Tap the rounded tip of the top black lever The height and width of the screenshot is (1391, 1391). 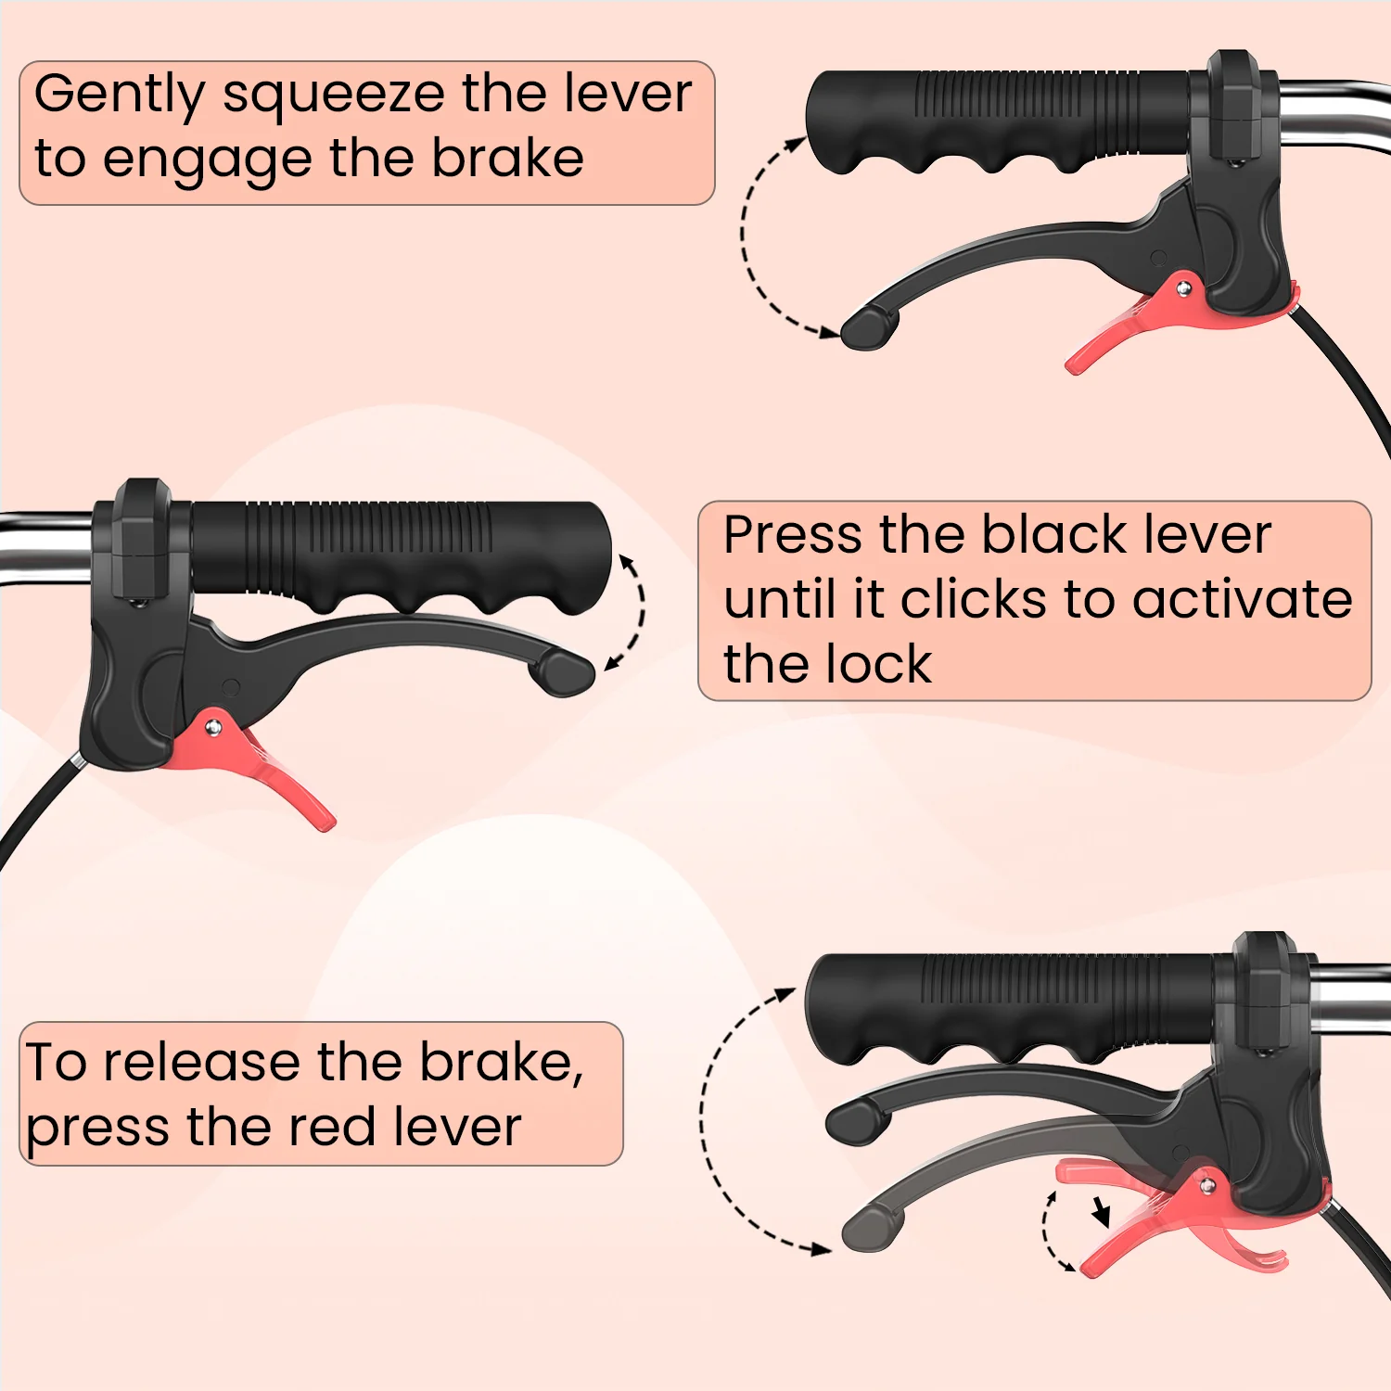pos(869,327)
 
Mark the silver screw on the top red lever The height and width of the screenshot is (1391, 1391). pos(1183,289)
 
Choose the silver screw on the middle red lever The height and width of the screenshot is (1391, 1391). pos(213,728)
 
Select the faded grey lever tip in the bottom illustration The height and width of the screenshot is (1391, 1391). pos(871,1227)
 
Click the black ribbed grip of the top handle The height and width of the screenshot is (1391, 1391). pos(997,121)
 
